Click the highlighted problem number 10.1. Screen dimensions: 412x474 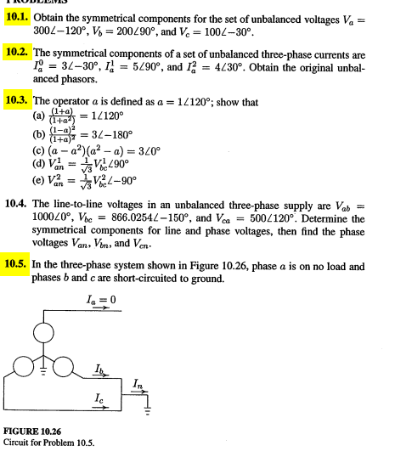coord(17,17)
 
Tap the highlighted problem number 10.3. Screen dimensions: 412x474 coord(18,100)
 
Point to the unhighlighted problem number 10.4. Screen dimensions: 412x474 coord(18,206)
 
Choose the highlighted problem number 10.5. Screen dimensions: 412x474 coord(18,263)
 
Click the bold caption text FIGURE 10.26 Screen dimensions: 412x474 coord(33,432)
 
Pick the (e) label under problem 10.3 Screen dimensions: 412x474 coord(38,180)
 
